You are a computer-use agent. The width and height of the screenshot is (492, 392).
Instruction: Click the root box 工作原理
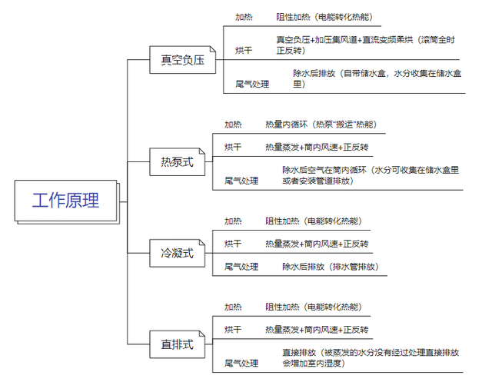pos(67,201)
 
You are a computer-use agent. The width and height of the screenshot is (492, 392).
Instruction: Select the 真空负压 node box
pos(183,60)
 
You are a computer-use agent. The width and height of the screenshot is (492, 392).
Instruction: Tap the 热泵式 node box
pos(178,162)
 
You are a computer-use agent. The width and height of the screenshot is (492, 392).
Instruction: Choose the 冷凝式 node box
pos(178,253)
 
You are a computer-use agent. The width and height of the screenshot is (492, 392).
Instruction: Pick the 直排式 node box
pos(178,344)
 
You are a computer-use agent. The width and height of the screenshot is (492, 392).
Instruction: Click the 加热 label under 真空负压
pos(244,17)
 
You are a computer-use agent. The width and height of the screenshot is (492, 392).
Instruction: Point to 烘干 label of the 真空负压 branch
pos(244,50)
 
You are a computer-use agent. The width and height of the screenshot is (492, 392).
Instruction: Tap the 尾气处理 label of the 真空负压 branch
pos(252,84)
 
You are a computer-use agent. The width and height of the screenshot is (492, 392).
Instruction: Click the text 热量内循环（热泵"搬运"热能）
pos(321,125)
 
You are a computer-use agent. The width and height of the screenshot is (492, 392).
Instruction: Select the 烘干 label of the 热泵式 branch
pos(233,147)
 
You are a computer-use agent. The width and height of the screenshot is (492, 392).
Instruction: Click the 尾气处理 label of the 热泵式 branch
pos(241,181)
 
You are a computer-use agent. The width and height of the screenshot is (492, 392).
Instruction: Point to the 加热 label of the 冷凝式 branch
pos(233,221)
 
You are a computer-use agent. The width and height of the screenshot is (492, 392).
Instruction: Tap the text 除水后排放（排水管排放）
pos(331,267)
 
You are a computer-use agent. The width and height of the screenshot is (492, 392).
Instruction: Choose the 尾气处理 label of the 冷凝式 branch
pos(241,267)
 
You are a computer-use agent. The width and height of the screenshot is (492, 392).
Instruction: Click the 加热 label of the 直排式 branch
pos(233,307)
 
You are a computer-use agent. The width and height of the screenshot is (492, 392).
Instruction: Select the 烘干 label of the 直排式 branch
pos(233,329)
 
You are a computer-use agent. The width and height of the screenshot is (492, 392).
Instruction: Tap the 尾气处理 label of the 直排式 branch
pos(241,363)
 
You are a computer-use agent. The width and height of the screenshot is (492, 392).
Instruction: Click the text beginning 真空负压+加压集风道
pos(366,45)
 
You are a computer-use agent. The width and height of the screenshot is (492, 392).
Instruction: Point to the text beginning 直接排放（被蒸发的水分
pos(371,358)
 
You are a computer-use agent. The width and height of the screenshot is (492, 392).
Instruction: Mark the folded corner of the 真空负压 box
pos(213,49)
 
